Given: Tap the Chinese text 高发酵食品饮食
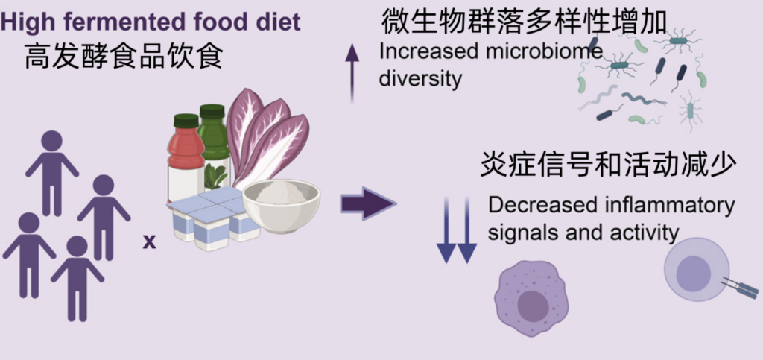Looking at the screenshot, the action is tap(124, 57).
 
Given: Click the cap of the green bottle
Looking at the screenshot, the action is tap(212, 111).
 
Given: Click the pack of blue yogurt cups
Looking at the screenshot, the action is tap(213, 218).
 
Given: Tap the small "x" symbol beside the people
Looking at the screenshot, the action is tap(149, 241).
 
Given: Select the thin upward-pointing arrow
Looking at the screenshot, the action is tap(352, 73).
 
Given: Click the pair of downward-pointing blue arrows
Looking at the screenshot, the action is tap(456, 230).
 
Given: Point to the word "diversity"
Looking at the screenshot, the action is tap(420, 79).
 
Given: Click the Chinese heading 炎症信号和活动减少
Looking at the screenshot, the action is tap(608, 166).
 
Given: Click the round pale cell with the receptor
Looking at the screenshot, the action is tap(697, 268).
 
